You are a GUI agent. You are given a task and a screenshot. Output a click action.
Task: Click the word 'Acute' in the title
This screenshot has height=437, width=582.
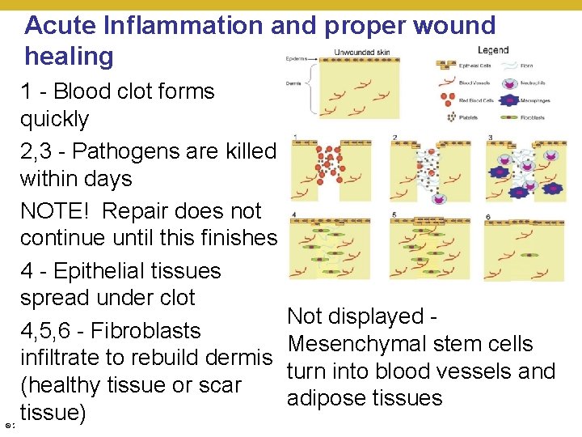61,25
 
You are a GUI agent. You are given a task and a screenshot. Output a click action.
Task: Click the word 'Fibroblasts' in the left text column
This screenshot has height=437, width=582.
145,330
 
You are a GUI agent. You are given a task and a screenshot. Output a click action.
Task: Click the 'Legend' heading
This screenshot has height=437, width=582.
493,50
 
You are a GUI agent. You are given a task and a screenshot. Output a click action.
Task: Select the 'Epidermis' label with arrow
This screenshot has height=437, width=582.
293,58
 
